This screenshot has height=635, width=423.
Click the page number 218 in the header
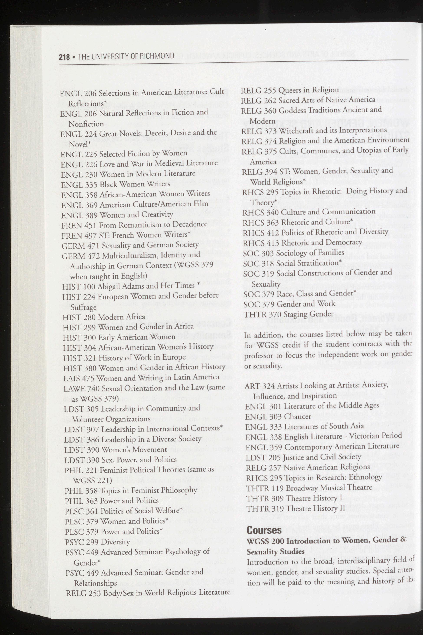click(x=64, y=57)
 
